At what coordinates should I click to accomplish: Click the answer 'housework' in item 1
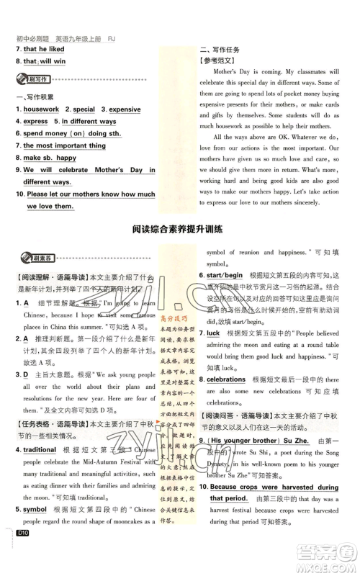(42, 109)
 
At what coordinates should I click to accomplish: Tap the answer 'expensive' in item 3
(125, 109)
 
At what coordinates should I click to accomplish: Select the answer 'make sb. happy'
(49, 158)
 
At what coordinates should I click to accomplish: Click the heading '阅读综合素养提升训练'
(179, 230)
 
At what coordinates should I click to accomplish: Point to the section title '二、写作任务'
(220, 49)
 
